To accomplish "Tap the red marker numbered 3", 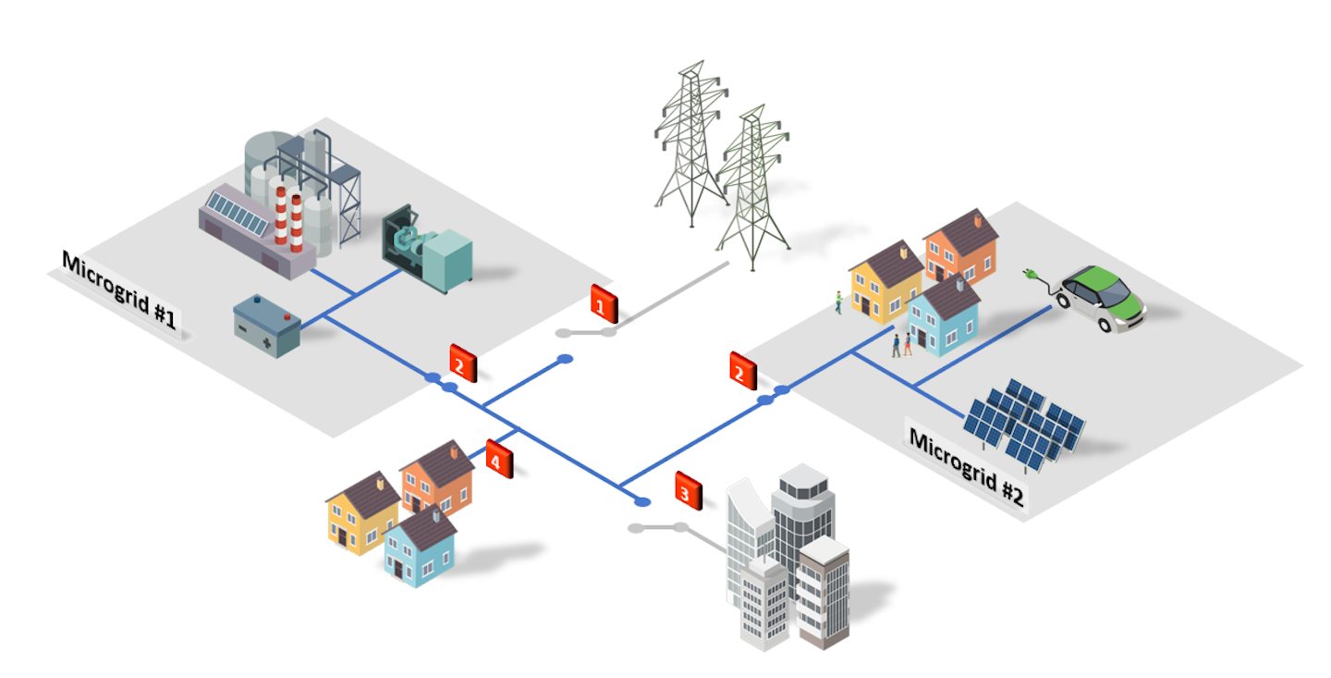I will click(x=688, y=490).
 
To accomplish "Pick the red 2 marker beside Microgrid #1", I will click(x=462, y=363).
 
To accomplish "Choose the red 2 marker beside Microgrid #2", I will click(x=742, y=370).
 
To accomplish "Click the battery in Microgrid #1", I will click(x=267, y=325).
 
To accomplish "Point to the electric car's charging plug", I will click(x=1030, y=274).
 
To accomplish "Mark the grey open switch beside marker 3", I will click(x=658, y=528).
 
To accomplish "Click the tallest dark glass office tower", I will click(x=802, y=518).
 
